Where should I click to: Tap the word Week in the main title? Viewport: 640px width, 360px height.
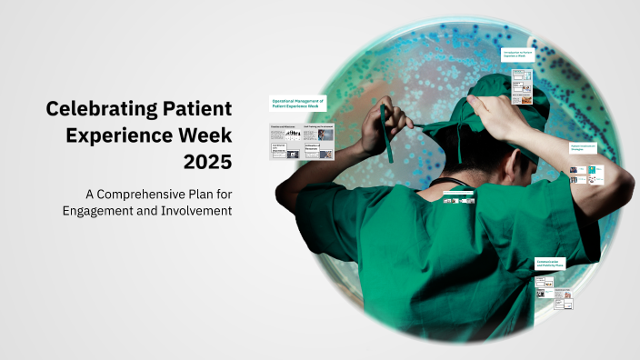coord(205,137)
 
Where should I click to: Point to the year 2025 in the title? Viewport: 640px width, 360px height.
coord(207,165)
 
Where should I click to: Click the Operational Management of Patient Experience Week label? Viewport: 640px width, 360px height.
coord(298,105)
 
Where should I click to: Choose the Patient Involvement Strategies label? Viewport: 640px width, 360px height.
coord(582,145)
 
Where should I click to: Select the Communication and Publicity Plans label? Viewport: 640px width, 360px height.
coord(550,265)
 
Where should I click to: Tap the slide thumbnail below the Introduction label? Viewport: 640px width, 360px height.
coord(521,84)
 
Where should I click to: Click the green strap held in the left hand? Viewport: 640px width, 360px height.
coord(388,136)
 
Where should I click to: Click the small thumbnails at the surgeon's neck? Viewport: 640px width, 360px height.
coord(459,197)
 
